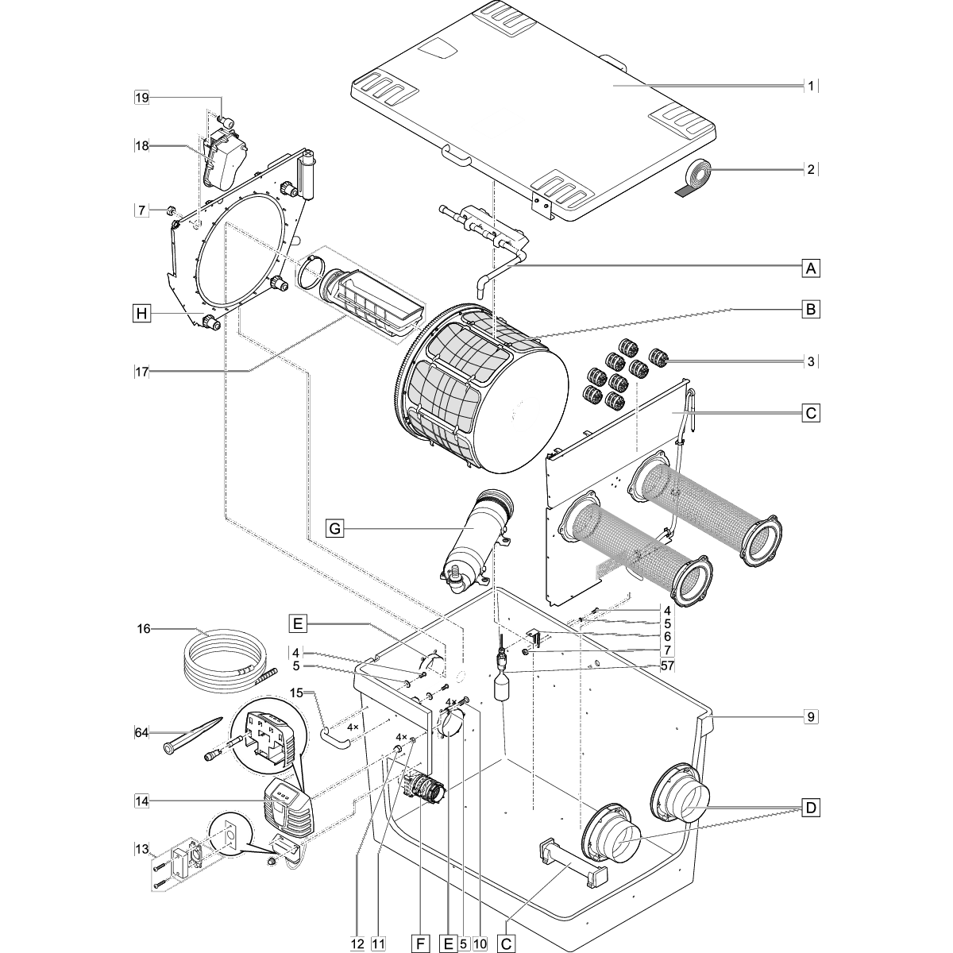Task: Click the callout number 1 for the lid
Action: coord(810,85)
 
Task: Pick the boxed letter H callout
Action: coord(141,314)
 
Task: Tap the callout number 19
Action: coord(141,98)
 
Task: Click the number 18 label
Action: coord(141,145)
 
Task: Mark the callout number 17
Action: coord(141,370)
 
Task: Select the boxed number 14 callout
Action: coord(141,802)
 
